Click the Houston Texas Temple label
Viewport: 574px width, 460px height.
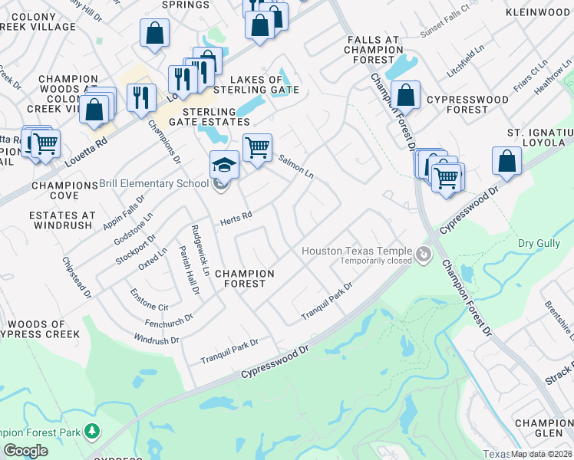(x=358, y=251)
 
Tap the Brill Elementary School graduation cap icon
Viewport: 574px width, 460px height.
(x=224, y=165)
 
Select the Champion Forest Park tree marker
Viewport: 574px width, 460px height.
(x=93, y=432)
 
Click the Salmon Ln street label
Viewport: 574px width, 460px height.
(x=295, y=166)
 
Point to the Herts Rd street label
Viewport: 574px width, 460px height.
(x=236, y=219)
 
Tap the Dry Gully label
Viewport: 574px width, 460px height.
(x=536, y=243)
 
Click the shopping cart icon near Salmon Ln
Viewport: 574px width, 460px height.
(x=257, y=146)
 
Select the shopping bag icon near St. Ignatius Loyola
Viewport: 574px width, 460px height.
(x=506, y=160)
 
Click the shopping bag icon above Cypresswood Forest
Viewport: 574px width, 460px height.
(x=405, y=95)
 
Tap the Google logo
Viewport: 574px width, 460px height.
(x=25, y=451)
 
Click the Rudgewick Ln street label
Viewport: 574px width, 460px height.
(x=201, y=250)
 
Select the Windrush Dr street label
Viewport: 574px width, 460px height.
(x=156, y=339)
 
